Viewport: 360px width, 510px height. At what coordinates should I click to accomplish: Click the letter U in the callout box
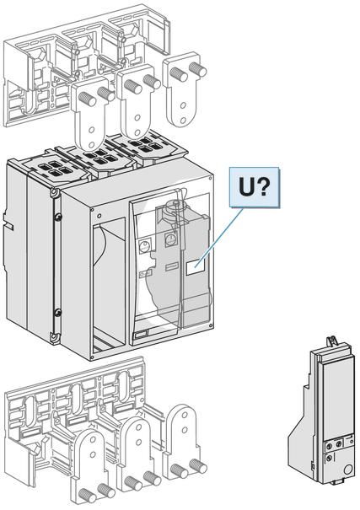[247, 187]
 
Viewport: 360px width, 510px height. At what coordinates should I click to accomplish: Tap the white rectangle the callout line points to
[195, 266]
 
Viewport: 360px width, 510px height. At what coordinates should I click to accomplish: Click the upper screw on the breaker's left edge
[57, 217]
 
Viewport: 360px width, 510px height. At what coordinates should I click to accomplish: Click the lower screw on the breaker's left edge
[57, 313]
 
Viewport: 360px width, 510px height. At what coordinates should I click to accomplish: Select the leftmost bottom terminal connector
[92, 468]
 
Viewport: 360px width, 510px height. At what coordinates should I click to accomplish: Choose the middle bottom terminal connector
[138, 454]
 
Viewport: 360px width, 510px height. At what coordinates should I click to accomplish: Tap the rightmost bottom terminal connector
[185, 443]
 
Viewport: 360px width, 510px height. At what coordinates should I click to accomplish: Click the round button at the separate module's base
[347, 470]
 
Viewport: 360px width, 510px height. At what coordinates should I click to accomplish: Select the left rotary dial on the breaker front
[143, 248]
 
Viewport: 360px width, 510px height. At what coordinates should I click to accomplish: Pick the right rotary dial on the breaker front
[169, 240]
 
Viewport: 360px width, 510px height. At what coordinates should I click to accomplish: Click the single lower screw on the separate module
[330, 458]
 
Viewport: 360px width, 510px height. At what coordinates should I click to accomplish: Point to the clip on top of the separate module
[331, 341]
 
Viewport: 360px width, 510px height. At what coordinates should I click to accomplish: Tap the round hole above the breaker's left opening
[99, 215]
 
